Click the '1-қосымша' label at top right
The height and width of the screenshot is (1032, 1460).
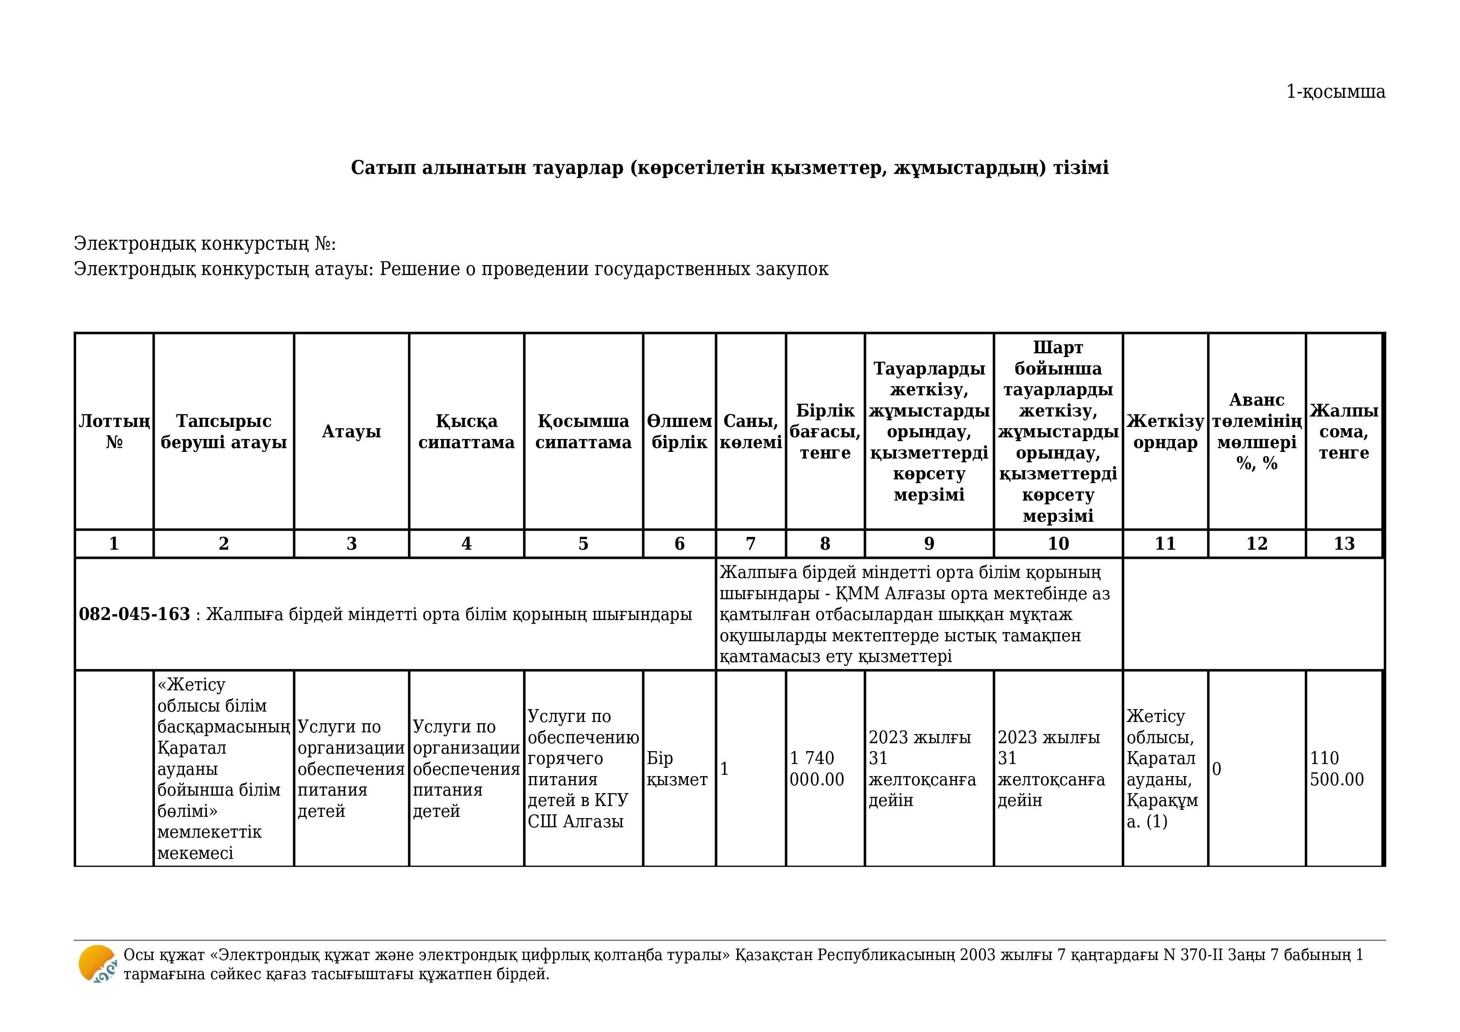[1336, 92]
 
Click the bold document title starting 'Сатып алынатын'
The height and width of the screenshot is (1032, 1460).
[729, 167]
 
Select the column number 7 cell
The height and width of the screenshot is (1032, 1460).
[750, 543]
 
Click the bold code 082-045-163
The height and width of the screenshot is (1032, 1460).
[134, 614]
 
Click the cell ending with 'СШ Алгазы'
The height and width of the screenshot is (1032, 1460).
[583, 768]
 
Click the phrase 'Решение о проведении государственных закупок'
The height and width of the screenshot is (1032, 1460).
[603, 269]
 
